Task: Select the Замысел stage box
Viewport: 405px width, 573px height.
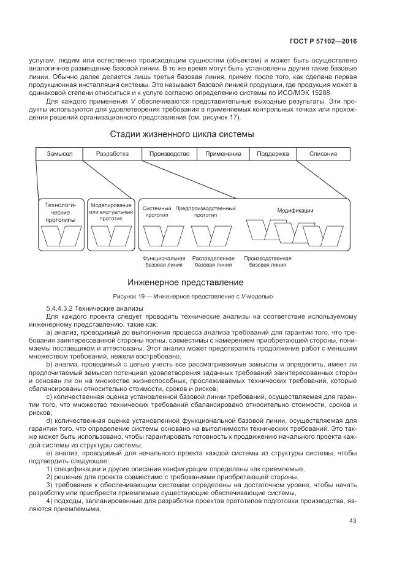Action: pos(59,153)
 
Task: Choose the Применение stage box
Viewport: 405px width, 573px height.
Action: pos(223,153)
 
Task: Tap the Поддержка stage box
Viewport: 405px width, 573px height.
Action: pos(273,153)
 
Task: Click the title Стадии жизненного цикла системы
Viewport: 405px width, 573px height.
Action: pos(181,134)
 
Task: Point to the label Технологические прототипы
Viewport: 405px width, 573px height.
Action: pos(61,211)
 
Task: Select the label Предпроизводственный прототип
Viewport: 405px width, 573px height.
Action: pos(205,211)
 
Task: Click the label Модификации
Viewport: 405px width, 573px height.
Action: pos(295,210)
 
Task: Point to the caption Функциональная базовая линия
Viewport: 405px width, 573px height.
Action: pos(164,262)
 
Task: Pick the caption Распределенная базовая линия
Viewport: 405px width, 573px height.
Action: pos(213,262)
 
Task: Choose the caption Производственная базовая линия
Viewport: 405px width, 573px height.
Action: pos(267,262)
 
